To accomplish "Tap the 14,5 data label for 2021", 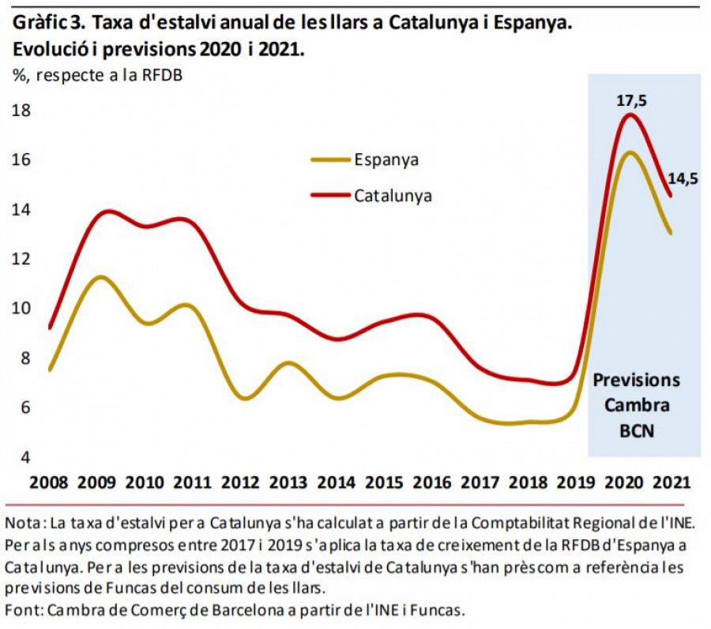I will tap(683, 178).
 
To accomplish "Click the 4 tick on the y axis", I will tap(25, 457).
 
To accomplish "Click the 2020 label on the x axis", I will tap(622, 482).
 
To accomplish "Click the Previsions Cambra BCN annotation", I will tap(636, 406).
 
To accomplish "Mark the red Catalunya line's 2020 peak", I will tap(630, 115).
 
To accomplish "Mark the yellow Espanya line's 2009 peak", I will tap(100, 277).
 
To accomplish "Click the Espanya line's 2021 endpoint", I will tap(671, 232).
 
